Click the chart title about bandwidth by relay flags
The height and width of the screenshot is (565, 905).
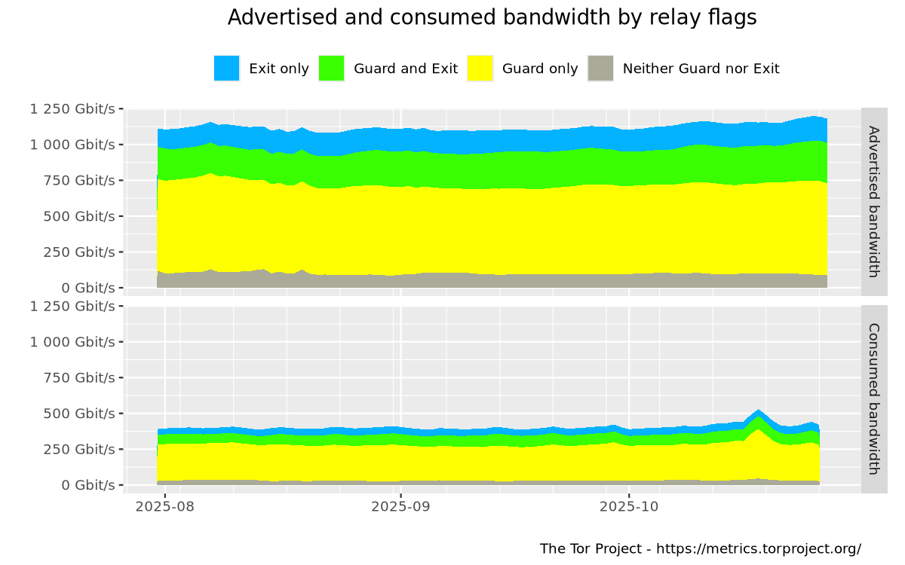pos(492,17)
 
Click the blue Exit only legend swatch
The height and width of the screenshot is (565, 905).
pos(226,69)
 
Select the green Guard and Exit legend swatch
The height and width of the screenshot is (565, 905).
pos(331,69)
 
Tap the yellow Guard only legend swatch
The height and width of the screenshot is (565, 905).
pos(480,69)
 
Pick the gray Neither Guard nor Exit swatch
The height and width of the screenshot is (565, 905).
pos(600,69)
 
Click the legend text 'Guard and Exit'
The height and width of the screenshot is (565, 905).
pos(406,69)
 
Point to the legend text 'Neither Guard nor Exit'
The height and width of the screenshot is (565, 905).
pos(701,69)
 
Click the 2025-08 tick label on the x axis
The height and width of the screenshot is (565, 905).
pos(164,507)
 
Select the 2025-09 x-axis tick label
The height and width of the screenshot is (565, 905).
pos(400,507)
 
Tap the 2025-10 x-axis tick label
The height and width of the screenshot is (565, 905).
pos(629,507)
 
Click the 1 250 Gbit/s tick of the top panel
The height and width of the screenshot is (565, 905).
pos(72,108)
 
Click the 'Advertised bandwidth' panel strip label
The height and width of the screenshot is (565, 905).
pos(874,201)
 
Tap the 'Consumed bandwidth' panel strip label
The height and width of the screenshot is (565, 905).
pos(874,399)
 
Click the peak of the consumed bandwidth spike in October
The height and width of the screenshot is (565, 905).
pos(759,411)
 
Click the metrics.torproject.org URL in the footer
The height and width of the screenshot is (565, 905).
pos(759,548)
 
